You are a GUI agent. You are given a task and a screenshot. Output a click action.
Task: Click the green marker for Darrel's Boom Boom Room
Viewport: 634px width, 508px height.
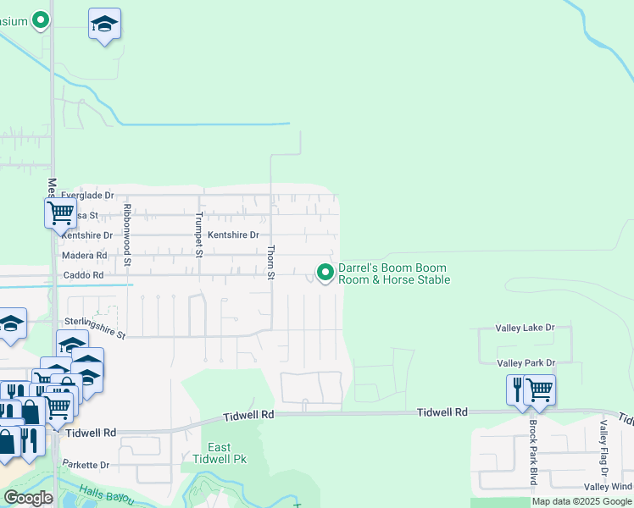coord(325,272)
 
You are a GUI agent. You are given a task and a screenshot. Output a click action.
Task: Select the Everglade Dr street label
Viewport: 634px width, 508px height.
coord(87,196)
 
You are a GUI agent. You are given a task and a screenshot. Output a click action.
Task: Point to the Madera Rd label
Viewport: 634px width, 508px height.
coord(85,255)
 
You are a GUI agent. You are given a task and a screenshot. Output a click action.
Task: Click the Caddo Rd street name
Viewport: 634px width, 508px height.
coord(83,275)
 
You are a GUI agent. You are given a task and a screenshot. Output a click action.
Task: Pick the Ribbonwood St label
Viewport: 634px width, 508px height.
coord(127,235)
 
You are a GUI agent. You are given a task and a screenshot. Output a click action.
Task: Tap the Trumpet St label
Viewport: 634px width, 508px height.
coord(199,235)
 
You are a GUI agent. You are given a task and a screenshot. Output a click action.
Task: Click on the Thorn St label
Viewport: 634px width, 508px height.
coord(271,262)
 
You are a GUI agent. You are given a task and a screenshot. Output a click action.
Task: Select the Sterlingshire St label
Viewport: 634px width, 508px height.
coord(94,328)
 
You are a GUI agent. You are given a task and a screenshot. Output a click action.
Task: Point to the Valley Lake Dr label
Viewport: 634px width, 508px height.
coord(525,327)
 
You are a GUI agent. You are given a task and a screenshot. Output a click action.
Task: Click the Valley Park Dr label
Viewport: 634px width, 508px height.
coord(525,363)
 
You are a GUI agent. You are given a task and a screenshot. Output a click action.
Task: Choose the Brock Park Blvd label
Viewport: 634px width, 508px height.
coord(533,452)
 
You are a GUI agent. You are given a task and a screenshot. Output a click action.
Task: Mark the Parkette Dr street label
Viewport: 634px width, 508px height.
coord(86,465)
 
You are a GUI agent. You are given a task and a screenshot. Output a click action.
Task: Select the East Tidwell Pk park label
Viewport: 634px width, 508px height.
coord(219,453)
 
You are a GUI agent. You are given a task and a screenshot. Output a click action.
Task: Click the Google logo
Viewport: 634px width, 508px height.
coord(28,498)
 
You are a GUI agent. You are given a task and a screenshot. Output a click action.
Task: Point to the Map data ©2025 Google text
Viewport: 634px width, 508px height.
coord(582,501)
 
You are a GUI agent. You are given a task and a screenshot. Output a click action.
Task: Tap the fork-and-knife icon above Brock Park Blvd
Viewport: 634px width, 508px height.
coord(517,389)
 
